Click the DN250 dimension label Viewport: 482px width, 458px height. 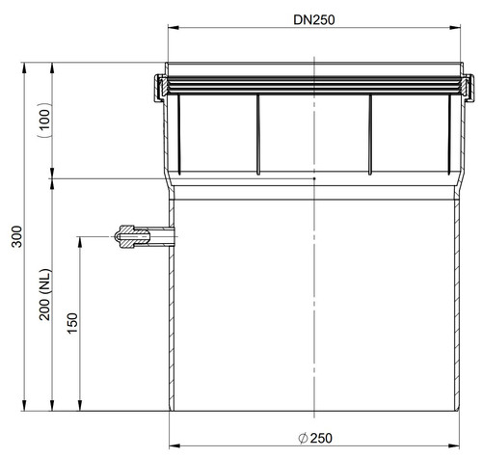coord(314,20)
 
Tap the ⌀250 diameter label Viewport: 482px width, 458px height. coord(315,438)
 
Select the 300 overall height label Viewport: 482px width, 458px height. coord(16,236)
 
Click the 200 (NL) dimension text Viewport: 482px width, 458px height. coord(45,294)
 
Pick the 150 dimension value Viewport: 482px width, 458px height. coord(72,323)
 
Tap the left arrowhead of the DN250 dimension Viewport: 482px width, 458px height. coord(174,28)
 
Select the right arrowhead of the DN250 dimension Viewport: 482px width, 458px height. coord(455,28)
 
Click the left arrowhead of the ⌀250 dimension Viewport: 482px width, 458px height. coord(174,445)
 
